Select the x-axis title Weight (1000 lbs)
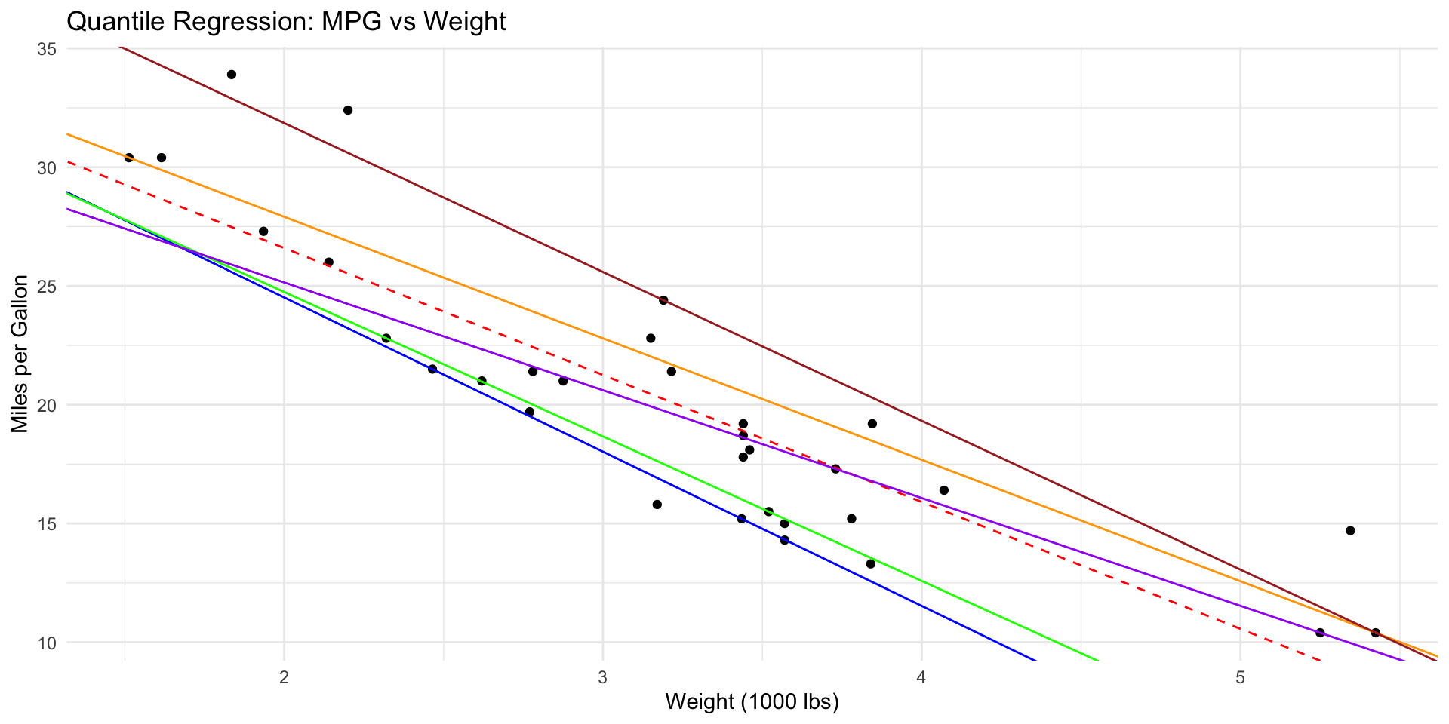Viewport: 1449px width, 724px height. [x=752, y=702]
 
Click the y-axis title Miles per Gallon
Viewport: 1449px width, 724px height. [x=20, y=354]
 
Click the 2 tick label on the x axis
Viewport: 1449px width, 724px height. [x=285, y=676]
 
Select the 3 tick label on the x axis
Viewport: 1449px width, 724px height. [x=603, y=676]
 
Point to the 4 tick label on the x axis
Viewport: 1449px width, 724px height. [x=921, y=676]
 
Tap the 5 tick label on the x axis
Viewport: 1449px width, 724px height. [x=1240, y=676]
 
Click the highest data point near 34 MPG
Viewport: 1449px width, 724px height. [x=232, y=75]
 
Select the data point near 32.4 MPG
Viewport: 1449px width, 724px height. [x=348, y=110]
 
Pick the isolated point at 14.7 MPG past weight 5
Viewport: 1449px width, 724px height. [x=1350, y=531]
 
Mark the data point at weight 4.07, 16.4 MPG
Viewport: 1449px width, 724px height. [x=943, y=490]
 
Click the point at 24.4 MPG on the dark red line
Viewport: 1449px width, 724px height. [x=663, y=300]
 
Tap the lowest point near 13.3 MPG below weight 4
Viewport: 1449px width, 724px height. [x=870, y=564]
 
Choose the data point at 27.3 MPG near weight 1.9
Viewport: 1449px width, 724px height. [x=263, y=232]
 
